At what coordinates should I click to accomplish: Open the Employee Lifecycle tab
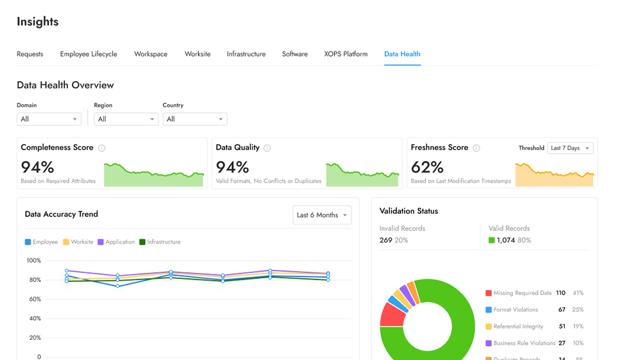[x=88, y=54]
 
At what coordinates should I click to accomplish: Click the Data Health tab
[x=402, y=54]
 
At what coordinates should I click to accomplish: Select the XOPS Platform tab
[x=345, y=54]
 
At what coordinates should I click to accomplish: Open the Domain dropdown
[x=49, y=119]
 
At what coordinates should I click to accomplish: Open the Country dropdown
[x=195, y=119]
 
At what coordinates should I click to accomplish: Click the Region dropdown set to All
[x=126, y=119]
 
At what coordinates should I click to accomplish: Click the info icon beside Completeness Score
[x=102, y=148]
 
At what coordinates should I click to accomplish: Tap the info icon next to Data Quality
[x=267, y=148]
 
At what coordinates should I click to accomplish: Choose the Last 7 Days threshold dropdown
[x=570, y=148]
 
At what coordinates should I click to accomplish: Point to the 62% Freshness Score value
[x=427, y=167]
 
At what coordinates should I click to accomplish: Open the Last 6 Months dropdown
[x=322, y=215]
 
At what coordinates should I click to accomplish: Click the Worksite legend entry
[x=78, y=242]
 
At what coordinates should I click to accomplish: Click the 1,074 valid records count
[x=506, y=240]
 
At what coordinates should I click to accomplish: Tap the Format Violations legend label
[x=515, y=310]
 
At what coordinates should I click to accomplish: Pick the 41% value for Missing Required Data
[x=577, y=293]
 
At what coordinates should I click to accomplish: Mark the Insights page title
[x=38, y=22]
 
